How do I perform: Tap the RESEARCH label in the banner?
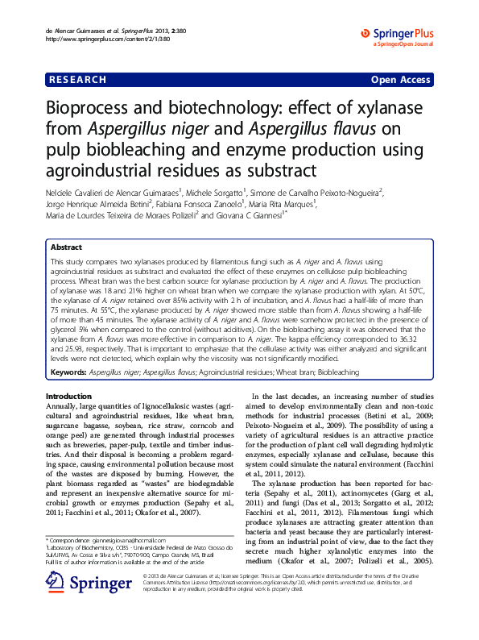pos(77,80)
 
